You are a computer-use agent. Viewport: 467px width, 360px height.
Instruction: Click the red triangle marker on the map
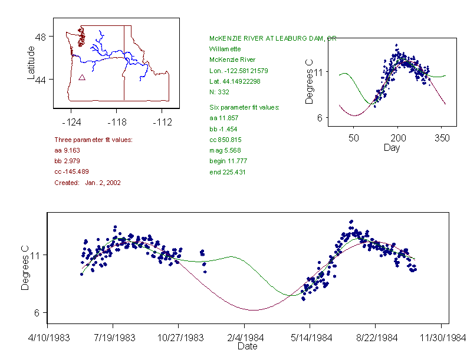82,77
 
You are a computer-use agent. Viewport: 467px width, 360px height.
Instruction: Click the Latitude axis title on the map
31,62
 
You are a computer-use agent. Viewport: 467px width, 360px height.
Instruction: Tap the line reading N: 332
219,92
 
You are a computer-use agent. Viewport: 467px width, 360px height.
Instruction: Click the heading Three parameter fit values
93,140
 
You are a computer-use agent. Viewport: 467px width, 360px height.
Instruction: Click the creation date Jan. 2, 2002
103,183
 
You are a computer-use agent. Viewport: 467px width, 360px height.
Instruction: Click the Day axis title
392,148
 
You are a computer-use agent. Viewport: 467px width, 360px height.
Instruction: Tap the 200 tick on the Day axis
398,138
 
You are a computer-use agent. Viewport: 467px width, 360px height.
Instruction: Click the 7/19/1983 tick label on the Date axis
113,338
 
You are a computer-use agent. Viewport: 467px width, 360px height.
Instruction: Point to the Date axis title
247,346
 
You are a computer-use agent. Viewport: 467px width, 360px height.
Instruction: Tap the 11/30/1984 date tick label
441,338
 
